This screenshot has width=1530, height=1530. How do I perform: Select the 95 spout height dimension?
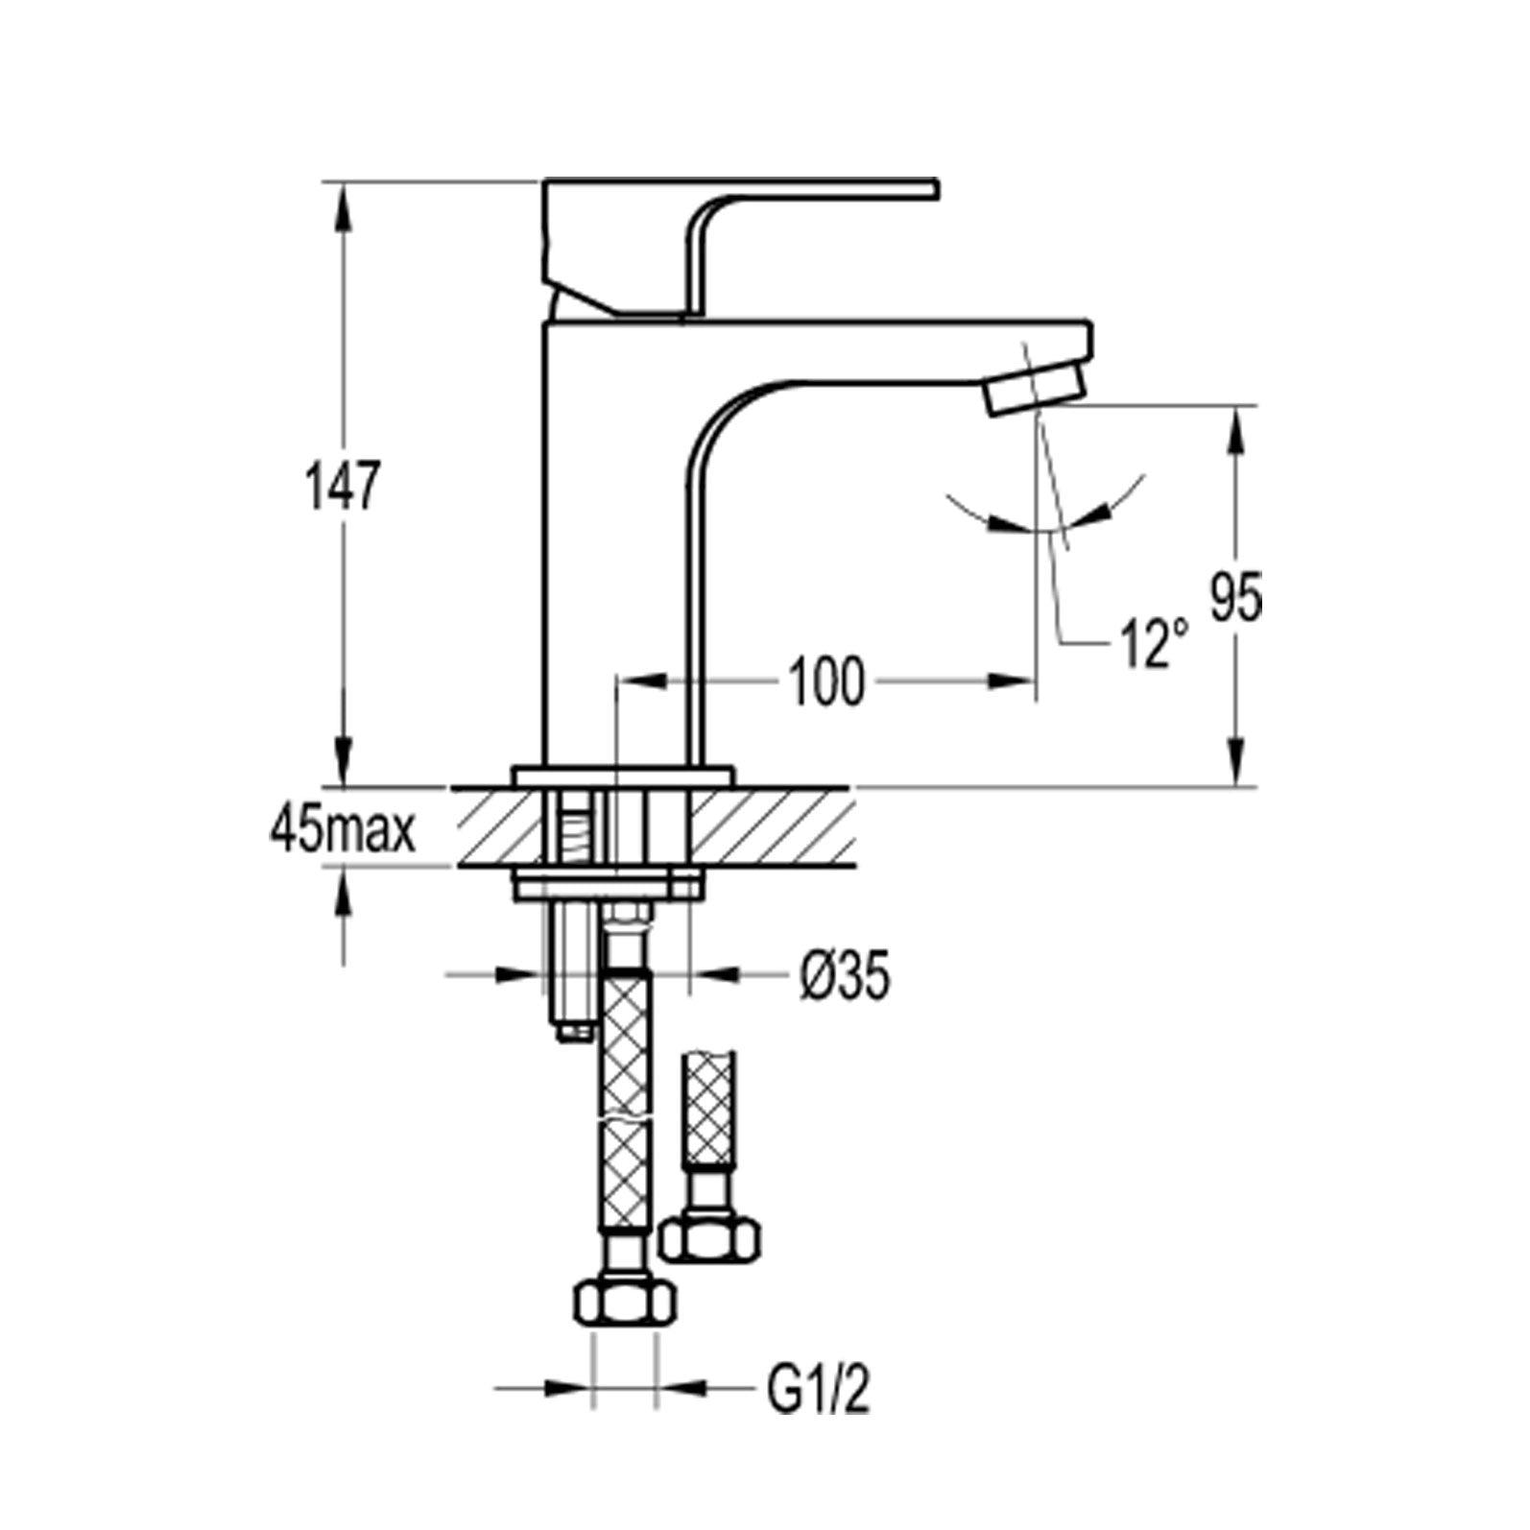click(x=1235, y=596)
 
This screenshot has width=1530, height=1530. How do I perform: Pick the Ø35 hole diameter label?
click(x=844, y=976)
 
